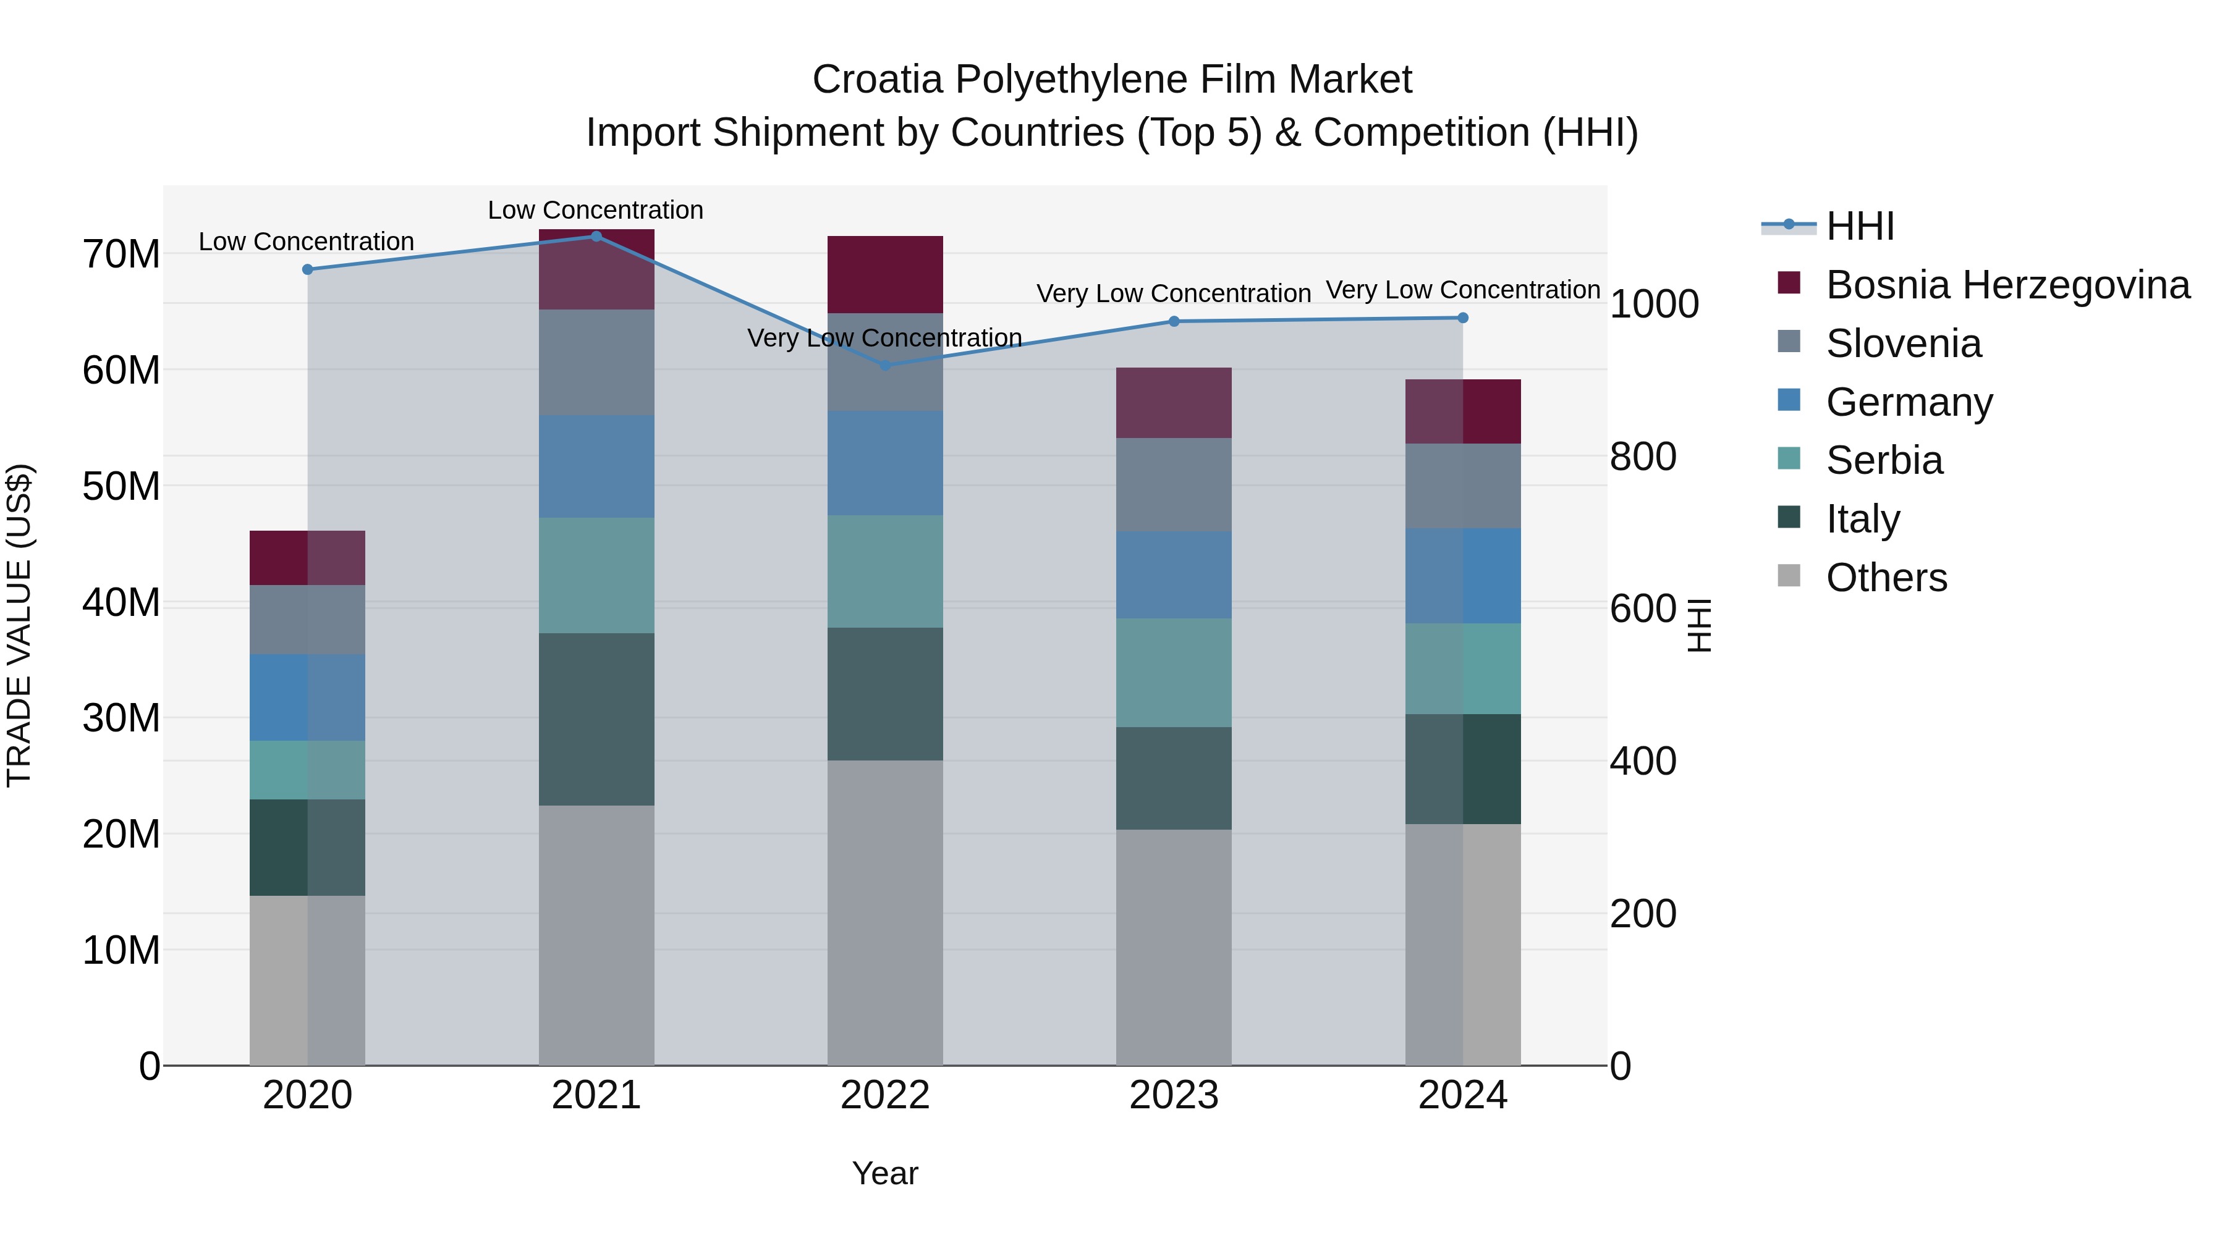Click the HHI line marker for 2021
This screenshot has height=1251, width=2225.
click(x=596, y=236)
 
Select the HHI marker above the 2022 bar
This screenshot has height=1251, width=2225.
click(x=885, y=365)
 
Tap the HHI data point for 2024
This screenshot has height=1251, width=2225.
click(x=1462, y=318)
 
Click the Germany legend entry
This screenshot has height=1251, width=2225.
click(x=1909, y=402)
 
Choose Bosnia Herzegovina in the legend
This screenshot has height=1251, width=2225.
click(x=2007, y=285)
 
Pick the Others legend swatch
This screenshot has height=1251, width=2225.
click(x=1789, y=576)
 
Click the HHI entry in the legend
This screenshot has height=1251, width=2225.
click(x=1860, y=226)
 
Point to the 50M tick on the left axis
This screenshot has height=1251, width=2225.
click(x=121, y=486)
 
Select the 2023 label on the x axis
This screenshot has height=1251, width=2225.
click(x=1173, y=1095)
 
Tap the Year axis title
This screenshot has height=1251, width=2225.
click(x=884, y=1173)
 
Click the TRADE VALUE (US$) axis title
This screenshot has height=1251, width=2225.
click(x=20, y=625)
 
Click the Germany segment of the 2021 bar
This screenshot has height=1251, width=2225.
click(x=596, y=466)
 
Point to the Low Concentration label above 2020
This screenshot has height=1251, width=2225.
click(x=306, y=242)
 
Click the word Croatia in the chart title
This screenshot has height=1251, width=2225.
click(x=878, y=80)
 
